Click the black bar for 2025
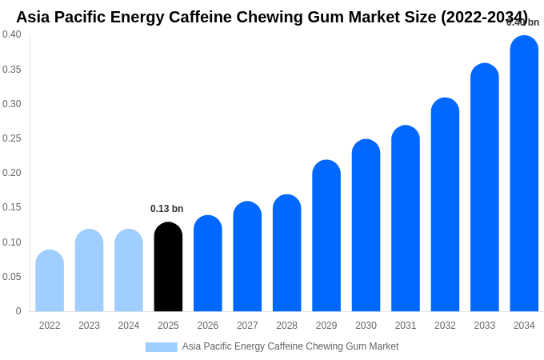pyautogui.click(x=168, y=267)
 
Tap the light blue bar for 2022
pyautogui.click(x=50, y=281)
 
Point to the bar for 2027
pyautogui.click(x=247, y=257)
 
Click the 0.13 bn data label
pyautogui.click(x=166, y=209)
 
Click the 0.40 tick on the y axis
pyautogui.click(x=12, y=34)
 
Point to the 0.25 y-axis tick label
pyautogui.click(x=12, y=138)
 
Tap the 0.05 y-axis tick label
pyautogui.click(x=12, y=277)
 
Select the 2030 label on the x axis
pyautogui.click(x=366, y=326)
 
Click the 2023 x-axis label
pyautogui.click(x=89, y=326)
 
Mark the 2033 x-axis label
pyautogui.click(x=484, y=326)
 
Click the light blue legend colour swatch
pyautogui.click(x=161, y=347)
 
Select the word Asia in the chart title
pyautogui.click(x=33, y=17)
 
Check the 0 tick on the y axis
pyautogui.click(x=18, y=311)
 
